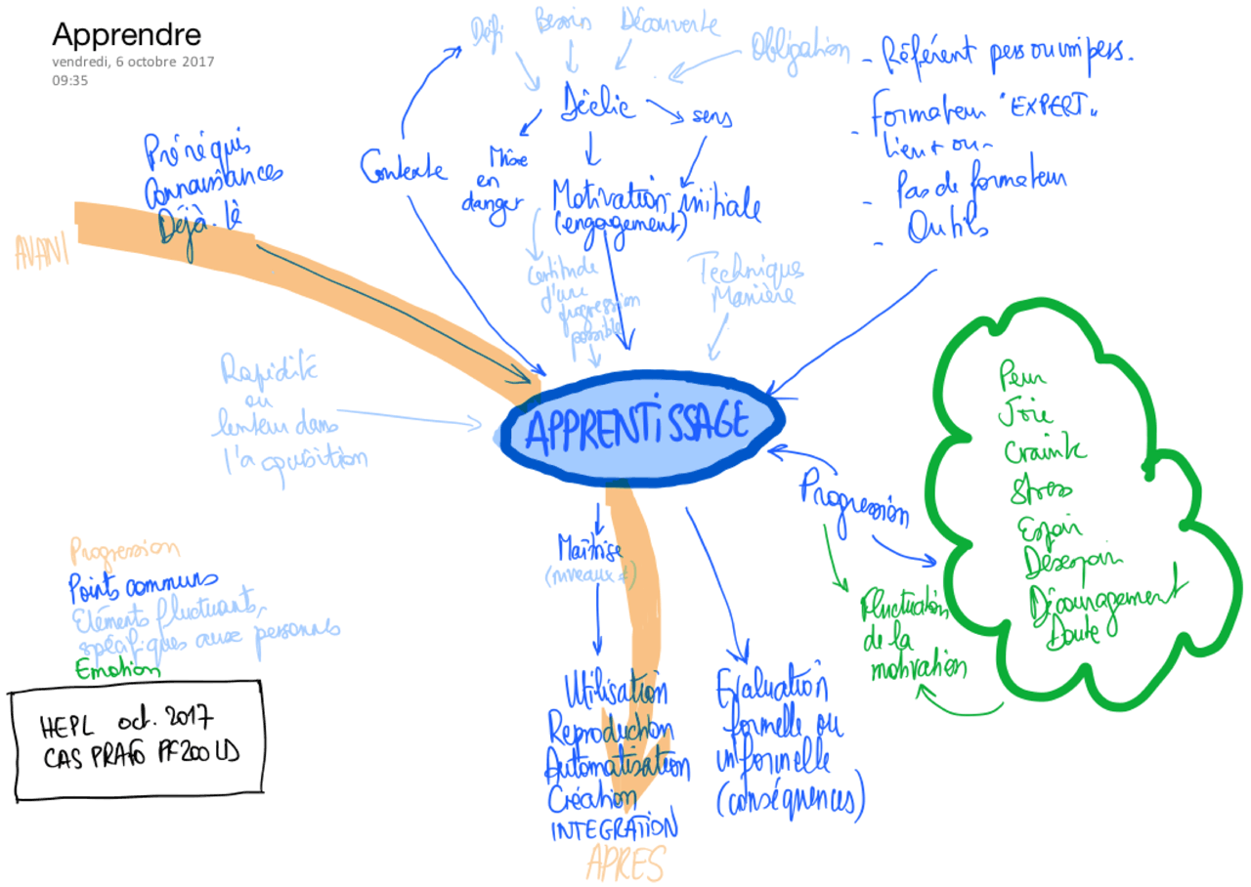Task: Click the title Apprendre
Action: [126, 35]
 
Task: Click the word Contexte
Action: [403, 167]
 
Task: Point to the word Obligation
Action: [799, 49]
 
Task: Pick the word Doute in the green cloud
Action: [1073, 634]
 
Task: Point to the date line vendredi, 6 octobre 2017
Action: [133, 62]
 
